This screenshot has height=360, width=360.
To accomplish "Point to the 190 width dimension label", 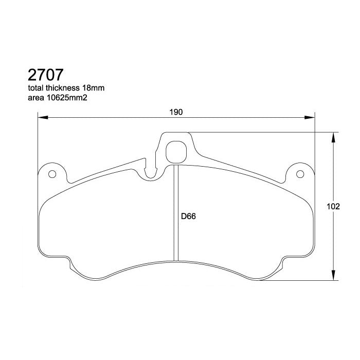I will coord(176,113).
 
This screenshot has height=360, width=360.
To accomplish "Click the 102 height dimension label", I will coord(334,207).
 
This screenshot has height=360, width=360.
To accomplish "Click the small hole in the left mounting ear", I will coord(51,174).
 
